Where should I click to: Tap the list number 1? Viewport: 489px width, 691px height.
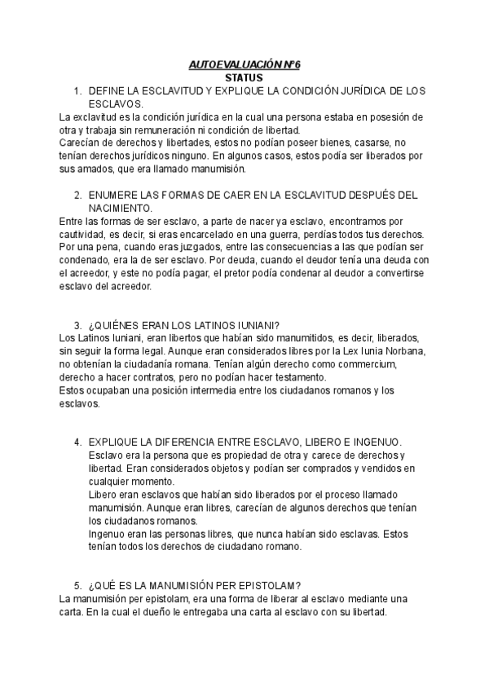pyautogui.click(x=77, y=90)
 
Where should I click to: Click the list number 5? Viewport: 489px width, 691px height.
pyautogui.click(x=77, y=584)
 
